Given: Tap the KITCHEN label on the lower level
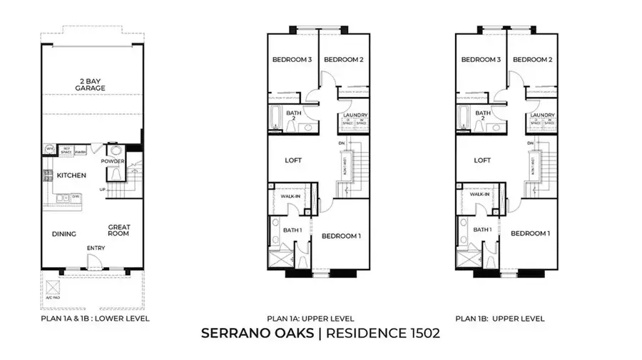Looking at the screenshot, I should pyautogui.click(x=72, y=175).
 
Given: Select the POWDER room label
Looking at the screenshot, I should pyautogui.click(x=113, y=161).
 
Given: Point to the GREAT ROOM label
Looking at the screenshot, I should pyautogui.click(x=119, y=230).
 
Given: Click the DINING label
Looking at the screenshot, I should pyautogui.click(x=63, y=233).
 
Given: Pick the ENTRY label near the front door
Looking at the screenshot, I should pyautogui.click(x=96, y=248).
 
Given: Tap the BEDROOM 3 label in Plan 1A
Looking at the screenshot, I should pyautogui.click(x=292, y=60).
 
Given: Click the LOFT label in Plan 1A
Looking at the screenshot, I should pyautogui.click(x=293, y=160).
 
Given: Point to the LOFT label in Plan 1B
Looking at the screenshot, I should pyautogui.click(x=483, y=160).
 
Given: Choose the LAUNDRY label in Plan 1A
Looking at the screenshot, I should pyautogui.click(x=355, y=115).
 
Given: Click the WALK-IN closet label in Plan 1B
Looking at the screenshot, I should pyautogui.click(x=479, y=195).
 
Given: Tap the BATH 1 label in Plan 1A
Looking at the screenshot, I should pyautogui.click(x=292, y=230).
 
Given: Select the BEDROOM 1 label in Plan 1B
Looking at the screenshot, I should pyautogui.click(x=531, y=233).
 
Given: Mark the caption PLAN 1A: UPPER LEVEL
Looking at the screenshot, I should pyautogui.click(x=310, y=319).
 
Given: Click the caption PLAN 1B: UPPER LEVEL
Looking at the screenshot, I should pyautogui.click(x=500, y=319).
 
